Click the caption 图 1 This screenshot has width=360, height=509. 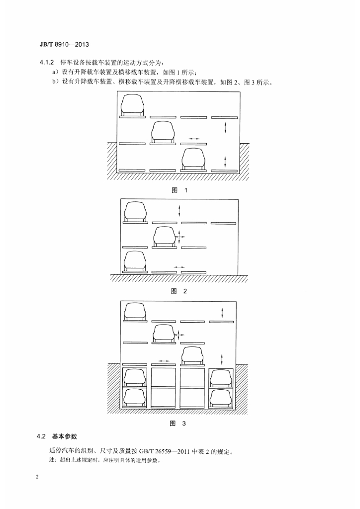180,190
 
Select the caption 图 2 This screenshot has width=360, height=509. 179,291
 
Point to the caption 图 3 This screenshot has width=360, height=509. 178,424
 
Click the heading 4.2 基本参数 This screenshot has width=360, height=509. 57,436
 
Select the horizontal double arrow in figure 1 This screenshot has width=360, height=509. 194,139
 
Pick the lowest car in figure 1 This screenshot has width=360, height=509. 194,159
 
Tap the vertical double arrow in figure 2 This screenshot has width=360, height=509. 179,211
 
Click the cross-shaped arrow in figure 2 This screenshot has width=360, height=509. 179,237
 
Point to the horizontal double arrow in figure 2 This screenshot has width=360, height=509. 179,266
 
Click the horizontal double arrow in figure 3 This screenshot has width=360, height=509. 164,361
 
